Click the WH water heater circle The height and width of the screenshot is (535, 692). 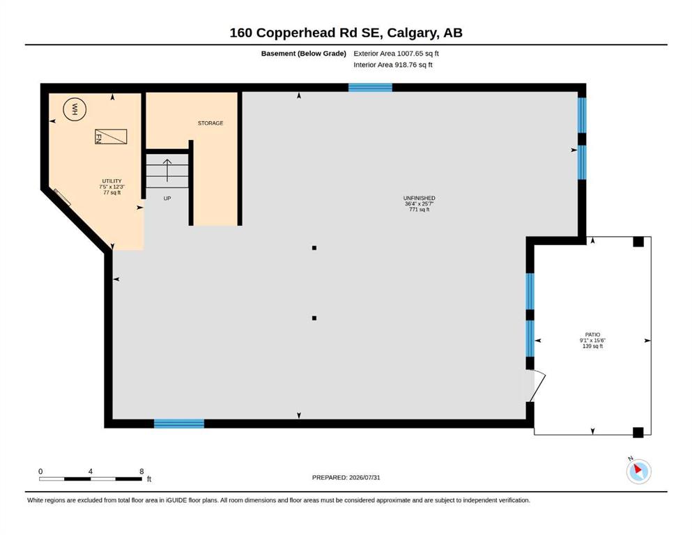point(75,109)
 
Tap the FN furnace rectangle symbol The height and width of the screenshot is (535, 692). point(111,137)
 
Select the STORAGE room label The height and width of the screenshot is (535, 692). point(210,123)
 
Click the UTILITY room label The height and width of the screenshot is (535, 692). point(112,181)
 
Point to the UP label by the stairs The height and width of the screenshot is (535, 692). point(167,199)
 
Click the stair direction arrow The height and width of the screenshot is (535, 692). point(167,170)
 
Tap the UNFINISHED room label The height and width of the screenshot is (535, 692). point(419,198)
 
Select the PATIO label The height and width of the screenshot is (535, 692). point(593,335)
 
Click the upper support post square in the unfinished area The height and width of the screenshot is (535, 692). point(314,248)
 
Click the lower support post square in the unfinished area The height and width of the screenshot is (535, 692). point(314,318)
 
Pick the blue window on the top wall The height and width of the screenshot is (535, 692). point(370,87)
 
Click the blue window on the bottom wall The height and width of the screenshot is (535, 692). point(178,424)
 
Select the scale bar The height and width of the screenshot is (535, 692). point(91,479)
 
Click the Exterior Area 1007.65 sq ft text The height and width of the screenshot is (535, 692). point(396,54)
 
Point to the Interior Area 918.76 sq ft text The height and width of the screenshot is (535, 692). point(393,65)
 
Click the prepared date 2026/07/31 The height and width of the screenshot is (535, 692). point(364,477)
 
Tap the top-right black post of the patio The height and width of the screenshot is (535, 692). point(638,242)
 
